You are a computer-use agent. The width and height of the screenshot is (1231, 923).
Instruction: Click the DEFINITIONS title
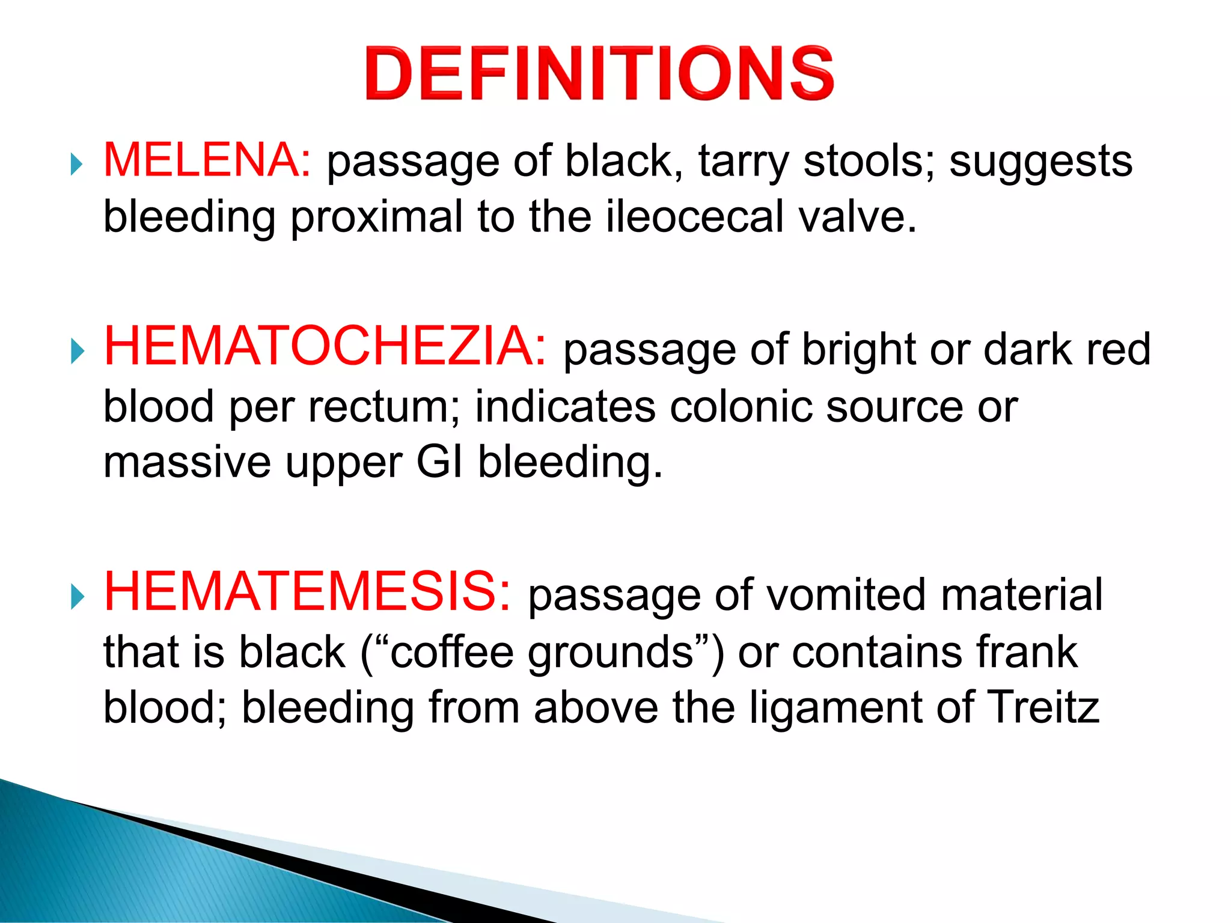(599, 73)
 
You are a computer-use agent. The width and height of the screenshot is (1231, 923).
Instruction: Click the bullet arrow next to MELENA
(76, 163)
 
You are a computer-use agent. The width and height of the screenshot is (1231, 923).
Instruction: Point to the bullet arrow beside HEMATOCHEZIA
(76, 351)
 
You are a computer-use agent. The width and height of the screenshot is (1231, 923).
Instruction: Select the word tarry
(743, 162)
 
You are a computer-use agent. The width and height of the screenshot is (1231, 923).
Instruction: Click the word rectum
(383, 407)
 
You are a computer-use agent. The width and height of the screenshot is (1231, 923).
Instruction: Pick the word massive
(187, 463)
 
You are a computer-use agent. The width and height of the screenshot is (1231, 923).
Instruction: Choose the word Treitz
(1043, 707)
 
